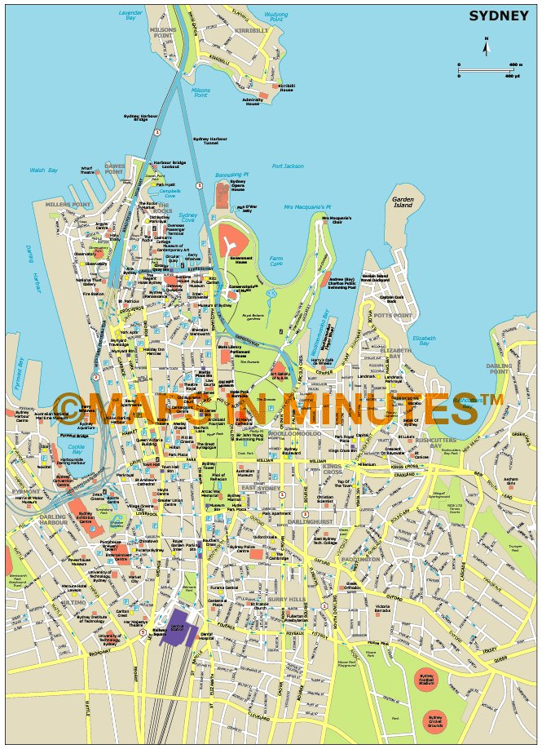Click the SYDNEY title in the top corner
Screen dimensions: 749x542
[x=498, y=15]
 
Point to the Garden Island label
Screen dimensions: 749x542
[x=403, y=202]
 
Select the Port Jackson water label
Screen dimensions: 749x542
[x=288, y=166]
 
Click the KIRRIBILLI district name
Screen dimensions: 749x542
[x=252, y=30]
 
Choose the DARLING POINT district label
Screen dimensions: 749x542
[x=498, y=369]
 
